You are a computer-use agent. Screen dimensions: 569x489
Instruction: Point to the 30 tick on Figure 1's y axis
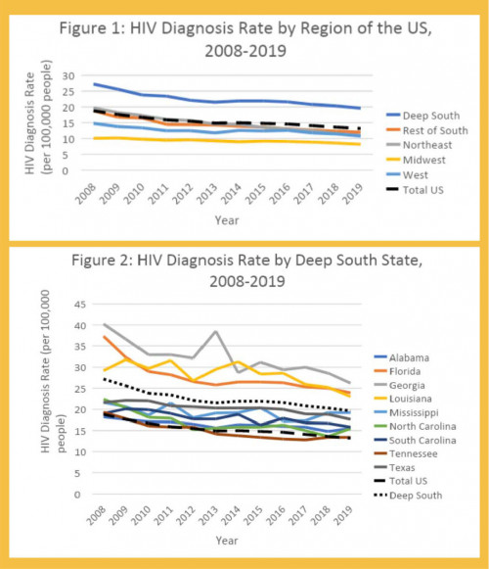67,74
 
